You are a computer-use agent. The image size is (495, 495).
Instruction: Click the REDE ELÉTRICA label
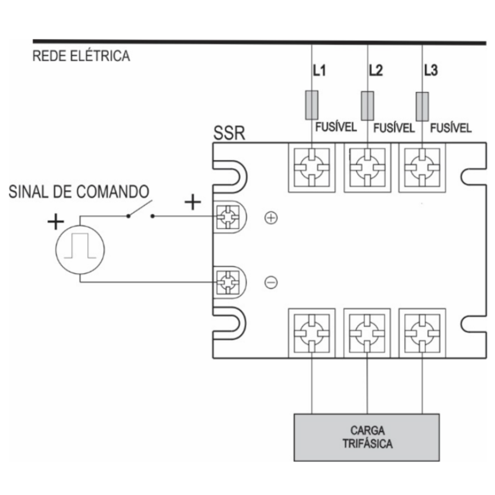coord(81,56)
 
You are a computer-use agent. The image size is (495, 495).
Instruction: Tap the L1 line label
coord(319,70)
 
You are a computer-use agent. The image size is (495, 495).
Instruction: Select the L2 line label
coord(376,70)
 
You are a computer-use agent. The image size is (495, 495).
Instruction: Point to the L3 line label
coord(431,70)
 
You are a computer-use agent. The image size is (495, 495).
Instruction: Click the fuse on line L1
coord(312,105)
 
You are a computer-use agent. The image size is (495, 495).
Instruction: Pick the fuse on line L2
coord(367,106)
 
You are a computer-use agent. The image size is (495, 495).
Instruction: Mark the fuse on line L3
coord(422,106)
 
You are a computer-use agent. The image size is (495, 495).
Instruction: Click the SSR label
coord(229,133)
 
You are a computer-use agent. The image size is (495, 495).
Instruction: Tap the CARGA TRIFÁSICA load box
coord(366,437)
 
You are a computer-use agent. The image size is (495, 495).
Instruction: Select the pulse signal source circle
coord(80,250)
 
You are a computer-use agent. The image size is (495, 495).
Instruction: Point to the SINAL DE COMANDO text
coord(79,191)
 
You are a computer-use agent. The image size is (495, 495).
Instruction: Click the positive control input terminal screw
coord(228,217)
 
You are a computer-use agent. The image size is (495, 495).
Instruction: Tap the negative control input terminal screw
coord(228,282)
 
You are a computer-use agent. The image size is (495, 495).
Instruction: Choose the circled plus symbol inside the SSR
coord(271,218)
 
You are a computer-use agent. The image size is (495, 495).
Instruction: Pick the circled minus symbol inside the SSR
coord(271,282)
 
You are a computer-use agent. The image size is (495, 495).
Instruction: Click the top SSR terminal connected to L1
coord(312,168)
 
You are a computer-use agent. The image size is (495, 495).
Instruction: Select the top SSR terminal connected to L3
coord(422,168)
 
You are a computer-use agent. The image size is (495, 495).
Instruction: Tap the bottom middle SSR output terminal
coord(367,333)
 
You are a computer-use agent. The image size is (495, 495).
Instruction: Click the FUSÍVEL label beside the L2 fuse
coord(394,128)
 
